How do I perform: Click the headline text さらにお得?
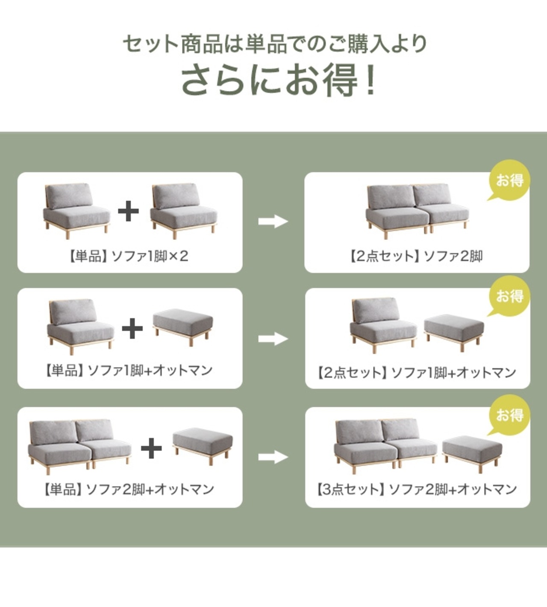tap(279, 80)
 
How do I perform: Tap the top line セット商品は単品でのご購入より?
tap(274, 44)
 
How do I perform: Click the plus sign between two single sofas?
tap(128, 211)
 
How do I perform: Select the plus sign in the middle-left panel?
tap(132, 328)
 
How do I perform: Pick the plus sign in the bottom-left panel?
tap(151, 448)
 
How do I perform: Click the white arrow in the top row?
tap(273, 221)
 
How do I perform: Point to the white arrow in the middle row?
tap(273, 339)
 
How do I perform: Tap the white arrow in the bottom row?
tap(273, 457)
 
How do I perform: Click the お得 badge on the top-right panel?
tap(509, 181)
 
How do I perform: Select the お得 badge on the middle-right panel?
tap(509, 296)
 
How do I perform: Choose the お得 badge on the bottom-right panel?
tap(509, 415)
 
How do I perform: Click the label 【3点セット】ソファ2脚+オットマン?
tap(417, 489)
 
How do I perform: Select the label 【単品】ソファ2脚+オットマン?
tap(128, 489)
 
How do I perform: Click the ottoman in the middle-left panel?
tap(183, 323)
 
